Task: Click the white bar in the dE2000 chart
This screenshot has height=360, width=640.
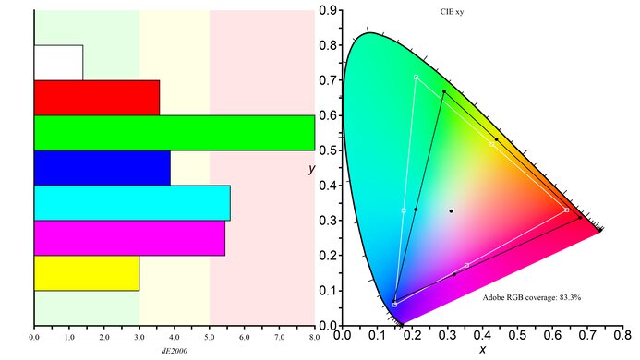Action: pos(58,62)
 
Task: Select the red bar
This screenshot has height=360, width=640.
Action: pos(96,97)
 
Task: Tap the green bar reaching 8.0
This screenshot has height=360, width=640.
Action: pos(174,132)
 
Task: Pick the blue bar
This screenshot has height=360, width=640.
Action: pos(102,168)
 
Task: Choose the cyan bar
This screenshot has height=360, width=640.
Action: pos(132,203)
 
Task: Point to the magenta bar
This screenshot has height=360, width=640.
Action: pos(129,238)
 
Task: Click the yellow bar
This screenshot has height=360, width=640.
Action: pos(86,273)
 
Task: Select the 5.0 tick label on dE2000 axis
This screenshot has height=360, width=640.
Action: pos(210,338)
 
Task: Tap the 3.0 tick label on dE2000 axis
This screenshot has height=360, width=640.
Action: pos(139,338)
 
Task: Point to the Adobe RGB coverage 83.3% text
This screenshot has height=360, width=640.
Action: pos(531,297)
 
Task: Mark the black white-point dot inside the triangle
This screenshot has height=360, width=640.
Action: pos(451,211)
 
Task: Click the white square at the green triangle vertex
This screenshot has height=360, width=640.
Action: pos(417,78)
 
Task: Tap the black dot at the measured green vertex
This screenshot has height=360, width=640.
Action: pos(443,92)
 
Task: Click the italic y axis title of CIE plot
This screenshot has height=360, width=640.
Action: pos(312,169)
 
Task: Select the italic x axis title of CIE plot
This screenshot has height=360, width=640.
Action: pos(482,351)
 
